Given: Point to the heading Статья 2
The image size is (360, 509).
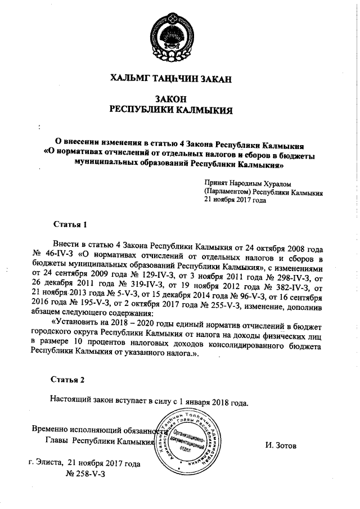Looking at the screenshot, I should [67, 379].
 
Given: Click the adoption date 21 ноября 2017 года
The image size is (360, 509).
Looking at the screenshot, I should [235, 200].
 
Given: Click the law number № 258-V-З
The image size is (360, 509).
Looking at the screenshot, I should [86, 474].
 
